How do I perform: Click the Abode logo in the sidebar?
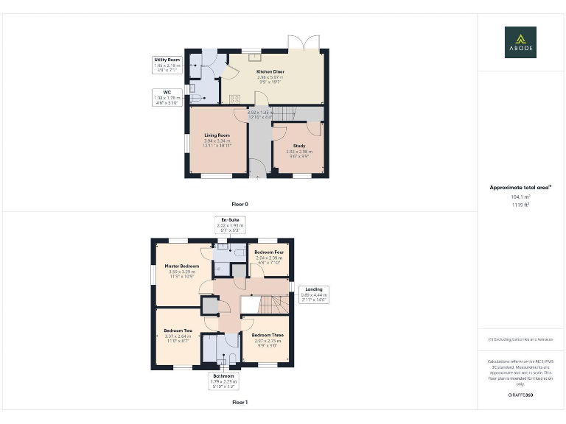tap(520, 42)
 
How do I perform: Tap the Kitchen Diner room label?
tap(270, 72)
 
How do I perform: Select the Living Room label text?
tap(217, 135)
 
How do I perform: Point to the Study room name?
tap(298, 146)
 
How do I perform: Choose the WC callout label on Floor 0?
tap(167, 96)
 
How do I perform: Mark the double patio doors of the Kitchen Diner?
tap(302, 43)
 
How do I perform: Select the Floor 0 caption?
tap(240, 203)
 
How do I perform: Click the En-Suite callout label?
tap(230, 225)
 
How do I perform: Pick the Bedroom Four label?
tap(268, 252)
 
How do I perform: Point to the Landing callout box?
tap(313, 294)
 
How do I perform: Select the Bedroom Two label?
tap(178, 331)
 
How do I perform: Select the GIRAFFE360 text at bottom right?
tap(520, 395)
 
